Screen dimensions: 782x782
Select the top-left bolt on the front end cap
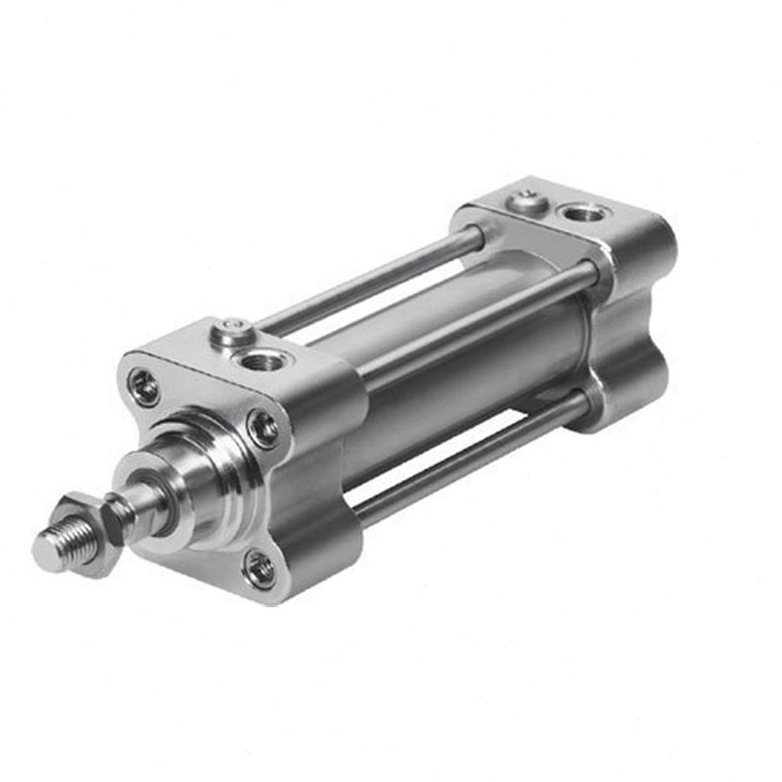pos(145,386)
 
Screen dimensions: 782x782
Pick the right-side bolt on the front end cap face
pos(264,428)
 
